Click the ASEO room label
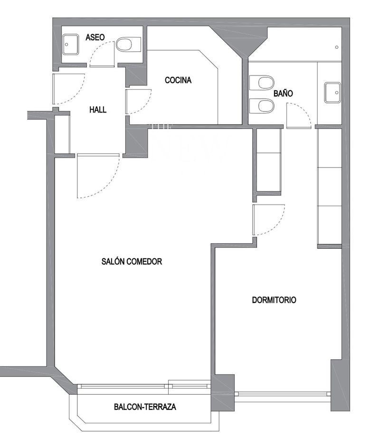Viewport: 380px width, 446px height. pyautogui.click(x=95, y=37)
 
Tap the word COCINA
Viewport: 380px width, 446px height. pyautogui.click(x=178, y=80)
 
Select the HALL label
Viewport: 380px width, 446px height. pyautogui.click(x=98, y=110)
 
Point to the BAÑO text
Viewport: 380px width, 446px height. pyautogui.click(x=283, y=93)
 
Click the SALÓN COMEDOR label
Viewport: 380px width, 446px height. pyautogui.click(x=132, y=261)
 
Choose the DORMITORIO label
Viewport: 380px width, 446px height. pyautogui.click(x=274, y=300)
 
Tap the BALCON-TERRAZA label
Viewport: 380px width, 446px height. pyautogui.click(x=145, y=407)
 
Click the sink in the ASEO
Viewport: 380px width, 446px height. pyautogui.click(x=70, y=45)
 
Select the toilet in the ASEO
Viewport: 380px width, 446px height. pyautogui.click(x=126, y=46)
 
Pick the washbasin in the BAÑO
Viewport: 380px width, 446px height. pyautogui.click(x=332, y=92)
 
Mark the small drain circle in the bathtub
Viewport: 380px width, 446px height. pyautogui.click(x=336, y=47)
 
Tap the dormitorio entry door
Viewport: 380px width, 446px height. pyautogui.click(x=267, y=219)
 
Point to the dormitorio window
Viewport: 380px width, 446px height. pyautogui.click(x=283, y=394)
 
